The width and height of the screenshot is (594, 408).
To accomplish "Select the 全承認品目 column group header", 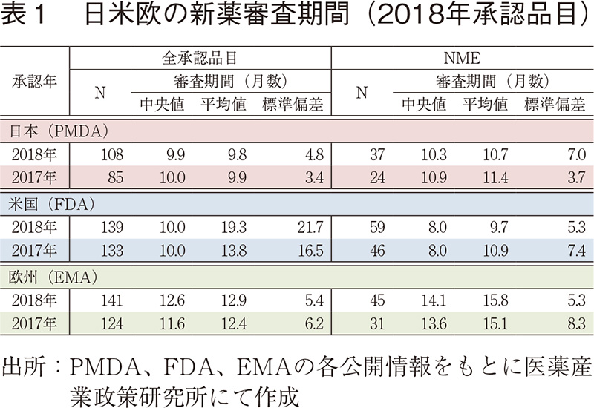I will pos(200,57).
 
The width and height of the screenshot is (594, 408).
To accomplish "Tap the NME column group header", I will pos(460,57).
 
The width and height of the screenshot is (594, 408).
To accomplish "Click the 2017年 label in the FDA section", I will pos(35,252).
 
